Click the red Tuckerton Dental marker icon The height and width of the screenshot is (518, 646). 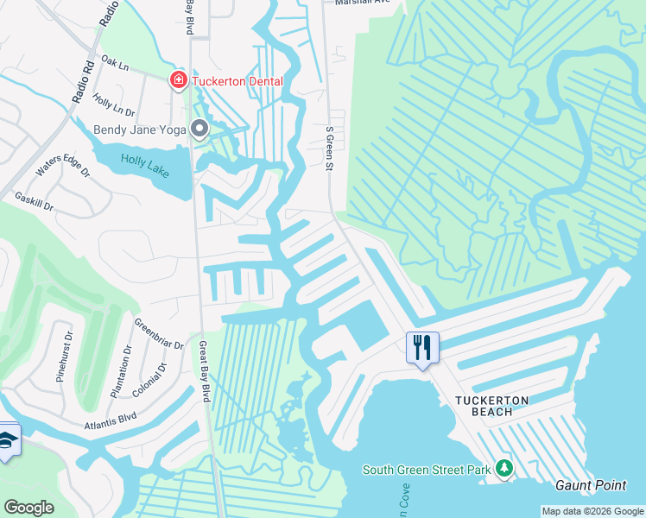(179, 80)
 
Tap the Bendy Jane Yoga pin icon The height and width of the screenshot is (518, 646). (200, 129)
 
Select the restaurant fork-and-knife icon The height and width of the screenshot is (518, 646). (422, 348)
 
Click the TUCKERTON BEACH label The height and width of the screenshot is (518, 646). (492, 406)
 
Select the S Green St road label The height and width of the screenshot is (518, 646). (329, 148)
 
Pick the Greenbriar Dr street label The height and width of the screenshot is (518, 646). (158, 333)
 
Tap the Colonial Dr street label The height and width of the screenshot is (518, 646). (150, 380)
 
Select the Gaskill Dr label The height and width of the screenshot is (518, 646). (35, 202)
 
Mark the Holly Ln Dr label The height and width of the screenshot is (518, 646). (114, 106)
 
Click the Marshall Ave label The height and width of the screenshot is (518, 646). (363, 3)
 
